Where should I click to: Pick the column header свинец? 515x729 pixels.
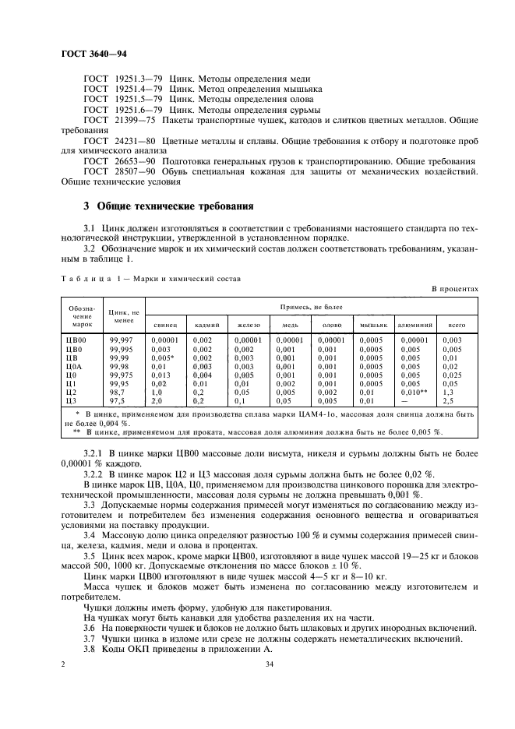(x=165, y=324)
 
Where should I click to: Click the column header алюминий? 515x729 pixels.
(x=417, y=324)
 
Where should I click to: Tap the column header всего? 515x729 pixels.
(x=451, y=324)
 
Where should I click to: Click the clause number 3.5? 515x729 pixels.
(x=90, y=556)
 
